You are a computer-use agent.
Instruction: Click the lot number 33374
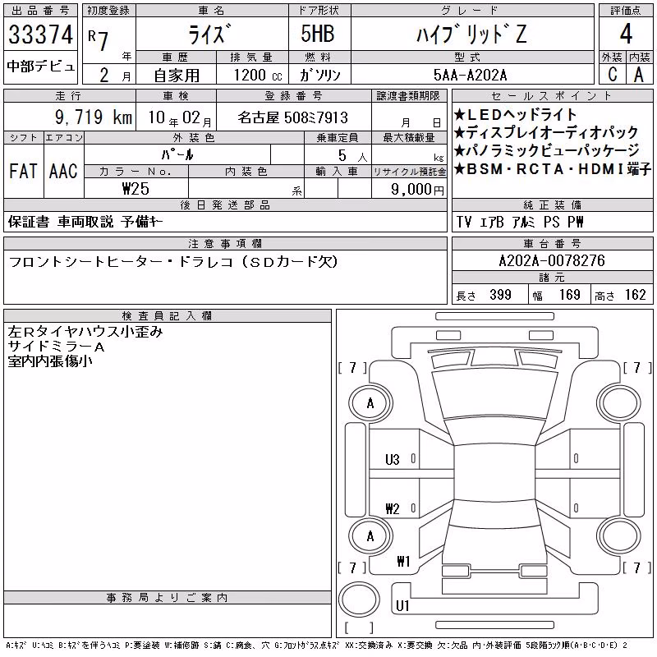click(40, 34)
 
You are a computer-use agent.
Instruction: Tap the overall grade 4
click(626, 34)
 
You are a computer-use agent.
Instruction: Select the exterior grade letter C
click(612, 75)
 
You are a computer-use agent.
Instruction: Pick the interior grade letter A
click(639, 75)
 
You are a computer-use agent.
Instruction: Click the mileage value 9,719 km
click(94, 117)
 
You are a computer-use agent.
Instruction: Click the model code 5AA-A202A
click(470, 76)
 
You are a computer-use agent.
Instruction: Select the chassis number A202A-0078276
click(552, 261)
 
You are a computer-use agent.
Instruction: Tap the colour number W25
click(136, 189)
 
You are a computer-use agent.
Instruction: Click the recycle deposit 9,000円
click(417, 190)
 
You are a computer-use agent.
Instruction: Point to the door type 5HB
click(318, 34)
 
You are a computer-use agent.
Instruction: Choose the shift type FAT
click(23, 172)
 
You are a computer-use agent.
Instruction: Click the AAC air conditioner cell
click(63, 172)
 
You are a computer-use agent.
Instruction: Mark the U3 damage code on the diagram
click(393, 460)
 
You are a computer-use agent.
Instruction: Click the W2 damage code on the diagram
click(393, 509)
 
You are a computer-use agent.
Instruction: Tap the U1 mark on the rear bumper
click(402, 605)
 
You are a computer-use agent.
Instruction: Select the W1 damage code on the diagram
click(403, 561)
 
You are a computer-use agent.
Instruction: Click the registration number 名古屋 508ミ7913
click(293, 117)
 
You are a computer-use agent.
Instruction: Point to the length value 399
click(500, 295)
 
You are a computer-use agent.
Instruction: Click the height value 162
click(635, 295)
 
